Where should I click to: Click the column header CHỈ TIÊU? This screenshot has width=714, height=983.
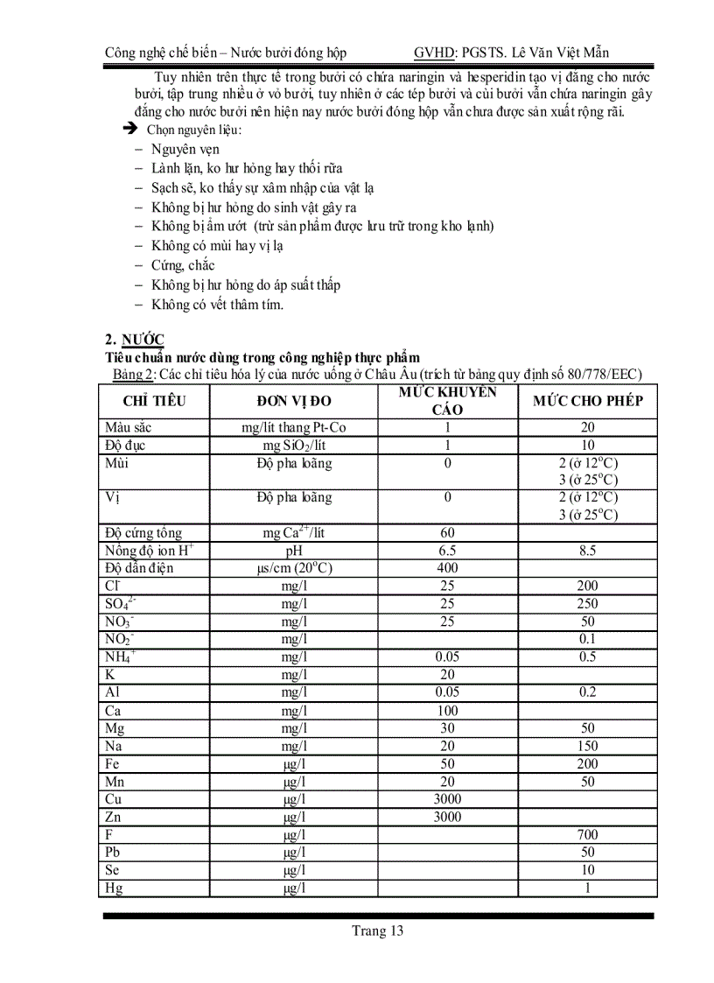click(154, 402)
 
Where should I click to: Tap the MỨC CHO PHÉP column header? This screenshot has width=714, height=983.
click(588, 402)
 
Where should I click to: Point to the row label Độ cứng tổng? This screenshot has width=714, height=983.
click(143, 533)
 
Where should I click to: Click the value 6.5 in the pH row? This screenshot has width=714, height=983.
click(447, 551)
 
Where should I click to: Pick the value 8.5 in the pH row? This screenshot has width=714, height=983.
click(588, 551)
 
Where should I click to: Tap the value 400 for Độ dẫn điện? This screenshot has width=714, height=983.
click(447, 568)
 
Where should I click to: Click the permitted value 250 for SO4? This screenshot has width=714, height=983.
click(588, 604)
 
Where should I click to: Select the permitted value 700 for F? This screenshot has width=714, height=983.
click(588, 834)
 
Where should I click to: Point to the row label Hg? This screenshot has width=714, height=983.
click(114, 888)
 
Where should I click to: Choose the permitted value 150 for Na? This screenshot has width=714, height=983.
click(588, 746)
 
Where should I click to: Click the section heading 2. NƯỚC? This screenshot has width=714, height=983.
click(134, 340)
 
